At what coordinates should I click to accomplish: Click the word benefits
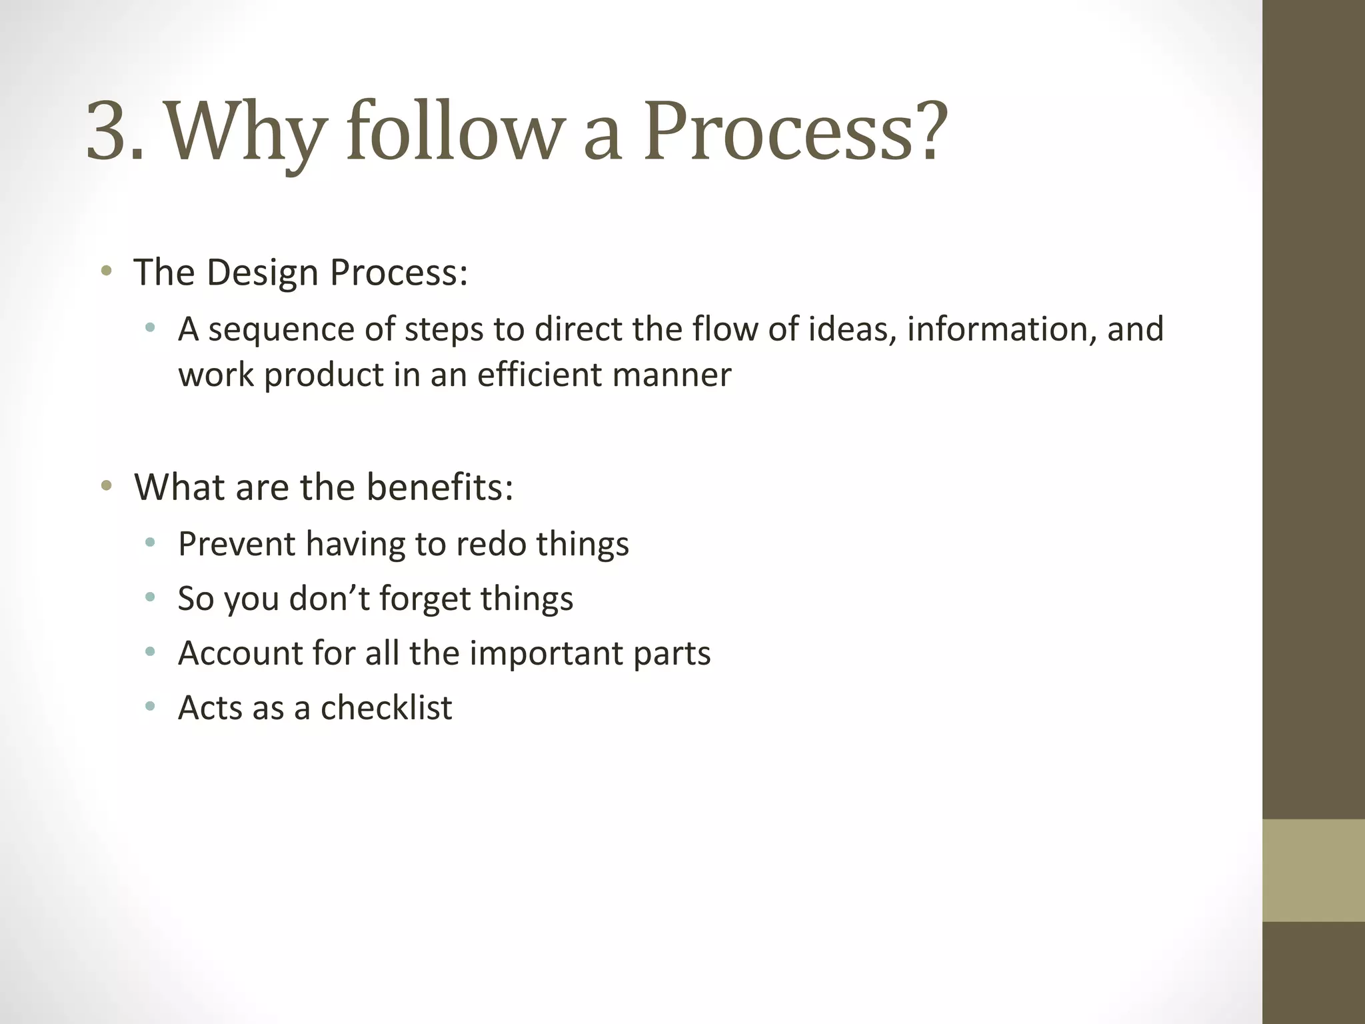click(x=439, y=487)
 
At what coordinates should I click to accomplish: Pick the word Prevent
click(x=237, y=544)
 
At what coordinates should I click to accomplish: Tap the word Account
click(x=241, y=653)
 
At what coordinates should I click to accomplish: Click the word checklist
click(x=387, y=708)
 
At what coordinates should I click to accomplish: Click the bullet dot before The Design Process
click(x=105, y=271)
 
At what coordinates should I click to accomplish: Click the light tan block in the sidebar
click(x=1314, y=870)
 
